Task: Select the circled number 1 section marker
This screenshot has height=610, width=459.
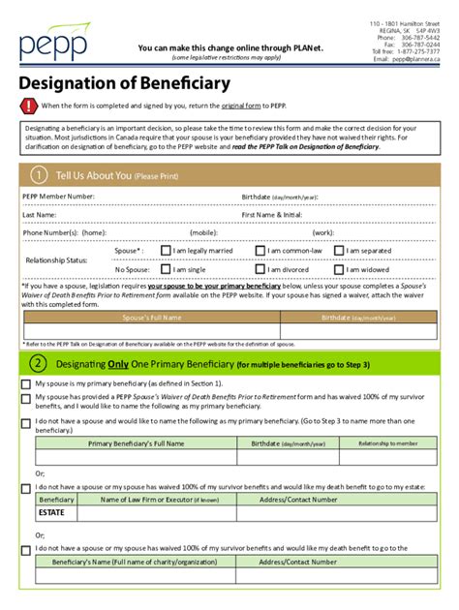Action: pos(38,175)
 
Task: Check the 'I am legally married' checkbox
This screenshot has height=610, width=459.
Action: pos(166,251)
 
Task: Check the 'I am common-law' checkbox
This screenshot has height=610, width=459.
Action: pos(260,251)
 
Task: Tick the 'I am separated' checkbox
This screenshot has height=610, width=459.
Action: pos(337,251)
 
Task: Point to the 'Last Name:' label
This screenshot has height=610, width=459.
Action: pos(40,214)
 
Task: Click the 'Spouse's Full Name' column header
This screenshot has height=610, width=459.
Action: pos(152,318)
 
